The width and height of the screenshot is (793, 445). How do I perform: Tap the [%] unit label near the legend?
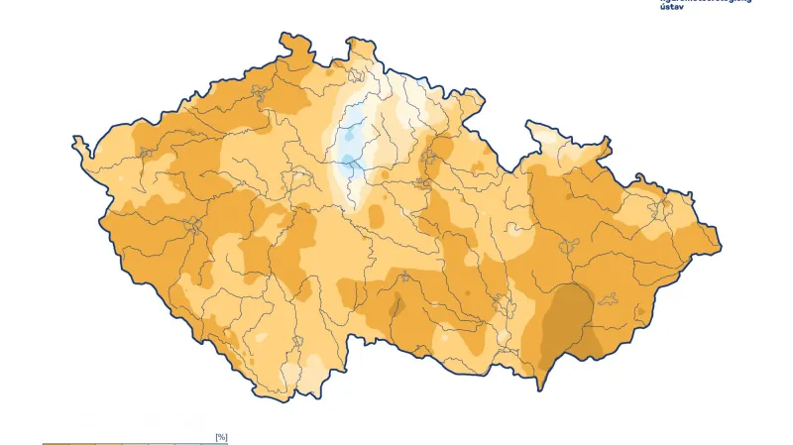[x=221, y=436]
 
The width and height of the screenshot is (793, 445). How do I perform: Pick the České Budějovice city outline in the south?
[x=296, y=343]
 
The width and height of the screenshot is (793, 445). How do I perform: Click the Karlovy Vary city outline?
[x=147, y=153]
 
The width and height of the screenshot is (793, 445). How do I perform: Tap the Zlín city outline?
[x=609, y=297]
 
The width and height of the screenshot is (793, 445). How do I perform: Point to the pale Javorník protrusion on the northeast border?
[x=540, y=129]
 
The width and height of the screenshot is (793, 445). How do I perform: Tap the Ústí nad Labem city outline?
[x=261, y=94]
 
